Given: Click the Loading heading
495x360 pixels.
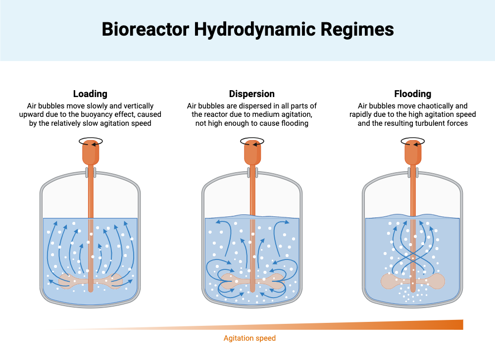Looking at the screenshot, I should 90,94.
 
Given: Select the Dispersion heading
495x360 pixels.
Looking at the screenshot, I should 251,94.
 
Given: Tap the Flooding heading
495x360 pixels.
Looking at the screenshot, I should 412,94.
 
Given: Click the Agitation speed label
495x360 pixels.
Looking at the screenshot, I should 249,338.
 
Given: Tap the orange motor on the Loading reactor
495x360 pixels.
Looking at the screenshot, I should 91,154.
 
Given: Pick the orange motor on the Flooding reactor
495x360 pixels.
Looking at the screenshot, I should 412,154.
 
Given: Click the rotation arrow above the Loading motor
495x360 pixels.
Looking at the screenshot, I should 91,141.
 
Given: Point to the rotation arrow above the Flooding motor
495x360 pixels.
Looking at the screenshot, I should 413,141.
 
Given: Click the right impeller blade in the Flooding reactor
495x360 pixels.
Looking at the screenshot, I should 436,281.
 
